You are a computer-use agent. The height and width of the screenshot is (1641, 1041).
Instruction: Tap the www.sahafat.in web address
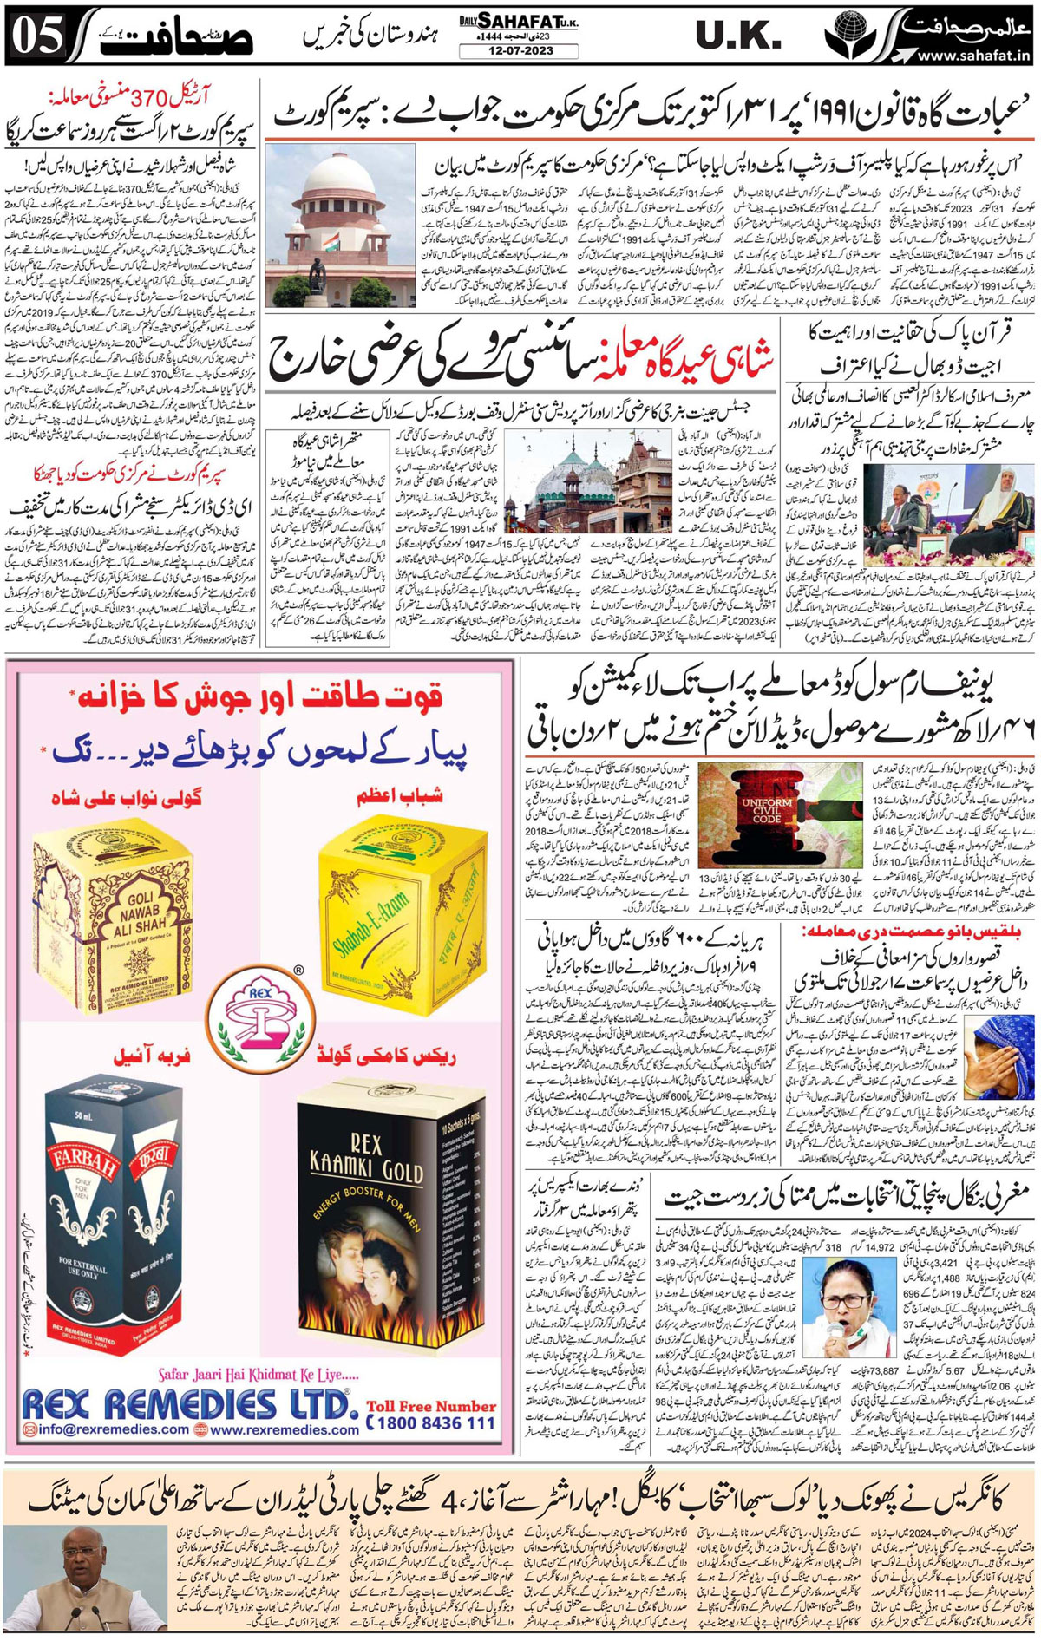[973, 56]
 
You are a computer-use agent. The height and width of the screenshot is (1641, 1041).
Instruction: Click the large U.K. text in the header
[737, 36]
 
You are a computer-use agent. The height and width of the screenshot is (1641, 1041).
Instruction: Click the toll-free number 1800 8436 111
[431, 1423]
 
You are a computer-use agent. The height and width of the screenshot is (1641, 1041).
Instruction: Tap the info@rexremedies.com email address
[106, 1429]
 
